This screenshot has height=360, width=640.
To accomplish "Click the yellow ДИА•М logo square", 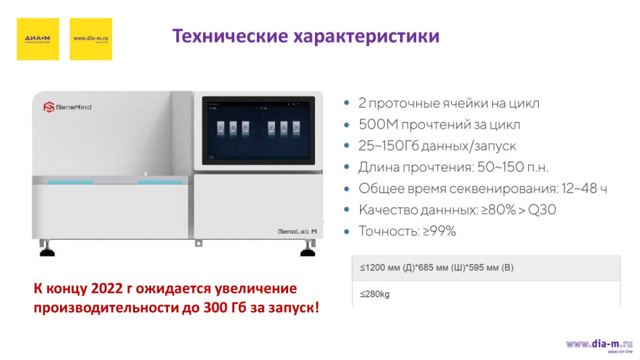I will (37, 39).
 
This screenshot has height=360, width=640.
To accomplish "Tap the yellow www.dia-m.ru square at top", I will (91, 39).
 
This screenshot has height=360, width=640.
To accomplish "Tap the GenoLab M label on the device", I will (297, 231).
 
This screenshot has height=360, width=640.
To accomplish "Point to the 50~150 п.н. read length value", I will (509, 167).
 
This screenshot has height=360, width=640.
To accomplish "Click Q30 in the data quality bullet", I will (541, 210).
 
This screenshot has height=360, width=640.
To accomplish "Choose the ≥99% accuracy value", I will (439, 231).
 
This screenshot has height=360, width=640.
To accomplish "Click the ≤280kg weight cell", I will (374, 294).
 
